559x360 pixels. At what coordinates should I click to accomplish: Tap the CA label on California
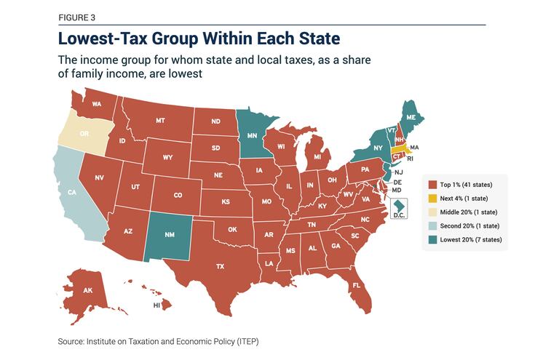point(72,193)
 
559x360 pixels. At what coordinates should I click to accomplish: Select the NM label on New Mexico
point(170,235)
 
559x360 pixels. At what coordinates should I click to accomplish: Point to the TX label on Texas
point(220,267)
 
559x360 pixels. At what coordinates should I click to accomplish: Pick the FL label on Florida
point(357,285)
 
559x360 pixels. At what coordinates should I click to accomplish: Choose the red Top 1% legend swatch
point(432,185)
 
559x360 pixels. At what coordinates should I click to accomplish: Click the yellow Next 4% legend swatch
point(432,199)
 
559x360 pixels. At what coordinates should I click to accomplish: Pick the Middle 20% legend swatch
point(432,212)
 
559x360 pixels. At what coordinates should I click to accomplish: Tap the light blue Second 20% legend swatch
point(432,225)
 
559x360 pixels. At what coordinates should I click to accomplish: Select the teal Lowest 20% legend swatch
point(432,239)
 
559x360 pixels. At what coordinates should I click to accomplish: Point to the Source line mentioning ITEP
point(158,340)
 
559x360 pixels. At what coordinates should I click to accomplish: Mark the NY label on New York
point(378,148)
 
